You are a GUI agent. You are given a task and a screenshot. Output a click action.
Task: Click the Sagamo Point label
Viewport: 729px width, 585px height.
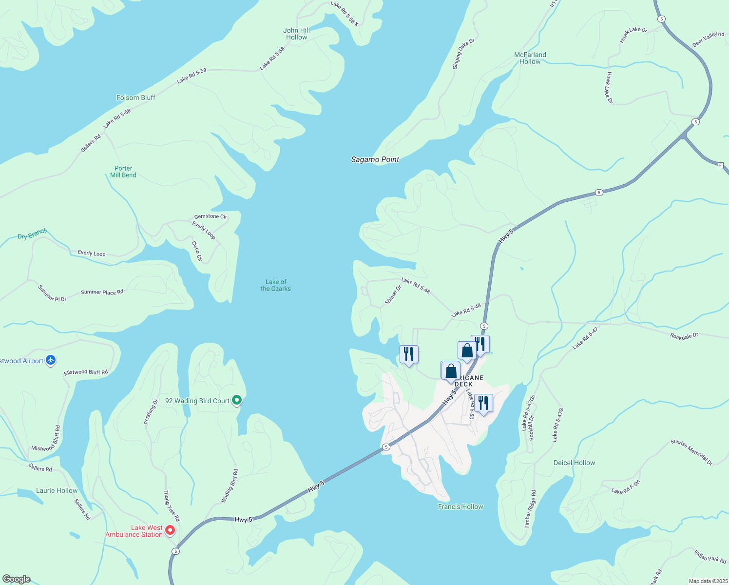[x=375, y=159]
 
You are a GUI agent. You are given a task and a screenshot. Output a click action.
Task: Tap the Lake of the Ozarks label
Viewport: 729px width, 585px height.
[x=276, y=285]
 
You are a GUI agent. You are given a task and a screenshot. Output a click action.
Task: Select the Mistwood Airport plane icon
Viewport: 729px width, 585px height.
[x=51, y=361]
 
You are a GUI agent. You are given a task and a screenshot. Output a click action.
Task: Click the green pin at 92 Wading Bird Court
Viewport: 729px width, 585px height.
[x=237, y=400]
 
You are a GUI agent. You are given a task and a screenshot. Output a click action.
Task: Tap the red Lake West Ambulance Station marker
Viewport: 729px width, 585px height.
[x=170, y=530]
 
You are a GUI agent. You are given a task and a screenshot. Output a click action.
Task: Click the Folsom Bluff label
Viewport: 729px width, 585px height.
[x=135, y=97]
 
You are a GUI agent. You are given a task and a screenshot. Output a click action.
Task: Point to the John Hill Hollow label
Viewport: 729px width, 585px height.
[x=296, y=34]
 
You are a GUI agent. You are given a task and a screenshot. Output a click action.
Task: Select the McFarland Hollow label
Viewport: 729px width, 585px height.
[x=530, y=58]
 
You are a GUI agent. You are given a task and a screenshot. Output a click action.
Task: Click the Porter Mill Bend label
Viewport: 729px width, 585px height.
[x=123, y=172]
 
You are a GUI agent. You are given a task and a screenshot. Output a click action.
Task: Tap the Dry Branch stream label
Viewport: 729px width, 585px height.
[x=32, y=234]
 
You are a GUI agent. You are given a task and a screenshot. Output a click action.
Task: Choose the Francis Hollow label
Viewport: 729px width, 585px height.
[x=460, y=507]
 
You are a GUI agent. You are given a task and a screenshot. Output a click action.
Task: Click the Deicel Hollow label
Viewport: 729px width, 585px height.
[x=574, y=463]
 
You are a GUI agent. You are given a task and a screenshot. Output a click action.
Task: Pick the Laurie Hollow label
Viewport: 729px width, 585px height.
[x=57, y=490]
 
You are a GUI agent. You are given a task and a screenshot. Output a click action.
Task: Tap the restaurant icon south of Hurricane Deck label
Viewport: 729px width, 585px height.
[x=483, y=403]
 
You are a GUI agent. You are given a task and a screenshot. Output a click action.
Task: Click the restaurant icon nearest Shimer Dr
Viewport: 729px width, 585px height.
[x=409, y=354]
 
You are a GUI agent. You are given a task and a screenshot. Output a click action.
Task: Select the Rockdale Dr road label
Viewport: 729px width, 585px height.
[x=684, y=336]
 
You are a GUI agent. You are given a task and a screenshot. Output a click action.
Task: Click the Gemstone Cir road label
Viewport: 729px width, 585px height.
[x=211, y=216]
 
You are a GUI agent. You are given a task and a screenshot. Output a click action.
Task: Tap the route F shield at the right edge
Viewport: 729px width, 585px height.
[x=720, y=165]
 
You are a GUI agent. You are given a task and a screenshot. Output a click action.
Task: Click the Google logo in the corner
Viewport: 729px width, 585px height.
[x=17, y=579]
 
